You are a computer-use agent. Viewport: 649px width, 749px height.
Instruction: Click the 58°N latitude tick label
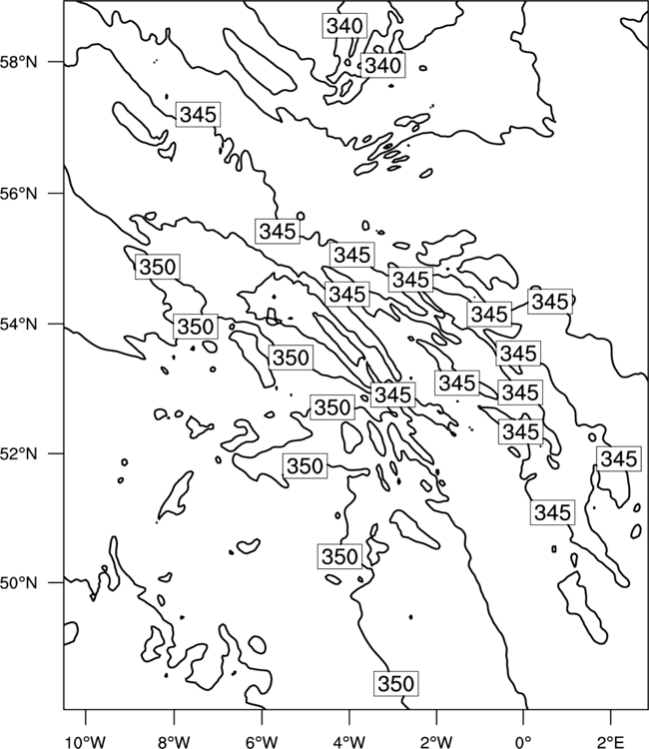click(x=19, y=62)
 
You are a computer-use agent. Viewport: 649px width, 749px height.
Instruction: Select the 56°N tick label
click(x=19, y=194)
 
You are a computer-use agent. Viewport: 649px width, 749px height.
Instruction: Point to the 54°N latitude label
click(x=19, y=325)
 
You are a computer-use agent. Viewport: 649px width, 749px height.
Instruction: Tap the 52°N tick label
click(x=19, y=453)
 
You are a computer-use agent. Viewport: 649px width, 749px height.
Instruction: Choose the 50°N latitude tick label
click(x=19, y=583)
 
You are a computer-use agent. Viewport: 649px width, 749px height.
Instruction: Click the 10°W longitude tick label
click(x=86, y=742)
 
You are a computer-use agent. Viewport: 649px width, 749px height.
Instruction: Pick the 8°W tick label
click(x=174, y=742)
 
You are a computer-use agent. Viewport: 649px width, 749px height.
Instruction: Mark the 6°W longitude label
click(x=262, y=742)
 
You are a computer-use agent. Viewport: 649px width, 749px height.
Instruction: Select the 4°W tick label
click(x=348, y=742)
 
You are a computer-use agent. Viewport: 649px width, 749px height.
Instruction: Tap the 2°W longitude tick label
click(x=436, y=742)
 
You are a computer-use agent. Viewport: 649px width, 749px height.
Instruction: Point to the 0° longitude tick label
click(x=523, y=742)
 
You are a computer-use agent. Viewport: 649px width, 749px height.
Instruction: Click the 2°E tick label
click(x=610, y=742)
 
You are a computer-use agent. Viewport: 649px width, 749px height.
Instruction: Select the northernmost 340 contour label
click(x=344, y=26)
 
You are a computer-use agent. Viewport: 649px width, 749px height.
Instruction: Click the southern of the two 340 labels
click(x=383, y=65)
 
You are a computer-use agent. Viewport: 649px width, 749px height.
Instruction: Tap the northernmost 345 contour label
click(x=198, y=115)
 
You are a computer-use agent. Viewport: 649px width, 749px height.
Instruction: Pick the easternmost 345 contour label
click(x=619, y=459)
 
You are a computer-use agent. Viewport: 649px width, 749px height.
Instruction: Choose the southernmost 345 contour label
click(x=552, y=512)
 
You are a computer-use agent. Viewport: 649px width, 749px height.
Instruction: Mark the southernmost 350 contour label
click(x=396, y=684)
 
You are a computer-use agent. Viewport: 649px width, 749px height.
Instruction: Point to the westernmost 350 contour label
click(x=158, y=267)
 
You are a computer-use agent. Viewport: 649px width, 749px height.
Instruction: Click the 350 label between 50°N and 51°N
click(x=339, y=556)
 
